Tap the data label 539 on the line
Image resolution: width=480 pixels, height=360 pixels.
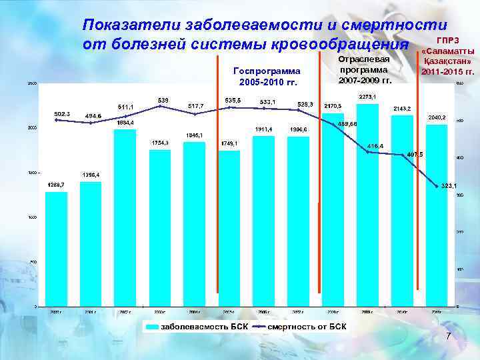pos(163,100)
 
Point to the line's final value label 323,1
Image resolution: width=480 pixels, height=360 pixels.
pos(450,186)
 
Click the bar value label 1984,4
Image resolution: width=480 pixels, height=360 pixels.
pos(125,123)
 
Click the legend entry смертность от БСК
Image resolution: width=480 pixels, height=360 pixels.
pos(307,327)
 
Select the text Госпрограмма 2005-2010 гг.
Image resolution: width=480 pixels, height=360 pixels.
pos(265,76)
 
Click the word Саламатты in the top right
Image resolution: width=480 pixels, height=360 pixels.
pos(449,51)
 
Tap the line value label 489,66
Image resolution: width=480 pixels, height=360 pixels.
pos(347,124)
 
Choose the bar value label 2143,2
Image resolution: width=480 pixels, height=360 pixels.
pos(402,109)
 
